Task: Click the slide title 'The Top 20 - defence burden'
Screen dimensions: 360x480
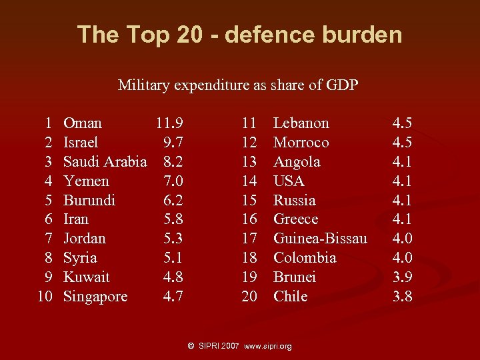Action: pyautogui.click(x=239, y=34)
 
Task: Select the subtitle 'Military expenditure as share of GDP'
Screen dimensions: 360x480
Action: pyautogui.click(x=238, y=85)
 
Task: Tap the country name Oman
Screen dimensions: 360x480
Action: pyautogui.click(x=83, y=123)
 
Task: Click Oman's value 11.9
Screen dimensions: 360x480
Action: pyautogui.click(x=170, y=123)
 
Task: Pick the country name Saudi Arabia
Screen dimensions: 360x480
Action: pyautogui.click(x=105, y=162)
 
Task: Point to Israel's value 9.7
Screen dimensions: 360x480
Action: pyautogui.click(x=173, y=143)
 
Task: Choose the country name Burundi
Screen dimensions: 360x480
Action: pyautogui.click(x=89, y=201)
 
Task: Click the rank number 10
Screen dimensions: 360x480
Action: pyautogui.click(x=45, y=297)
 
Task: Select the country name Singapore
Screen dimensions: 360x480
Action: pyautogui.click(x=95, y=297)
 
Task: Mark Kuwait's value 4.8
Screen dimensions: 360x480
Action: pyautogui.click(x=173, y=277)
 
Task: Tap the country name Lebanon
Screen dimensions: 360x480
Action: pyautogui.click(x=301, y=123)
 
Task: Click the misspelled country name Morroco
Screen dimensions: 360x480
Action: pyautogui.click(x=301, y=143)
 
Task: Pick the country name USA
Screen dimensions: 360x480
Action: pyautogui.click(x=289, y=181)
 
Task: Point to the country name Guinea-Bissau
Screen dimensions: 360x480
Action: pyautogui.click(x=320, y=239)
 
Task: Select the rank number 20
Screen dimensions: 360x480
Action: pyautogui.click(x=249, y=297)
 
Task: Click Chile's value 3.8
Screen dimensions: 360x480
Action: pyautogui.click(x=402, y=297)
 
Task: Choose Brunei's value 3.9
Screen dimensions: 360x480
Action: pyautogui.click(x=402, y=277)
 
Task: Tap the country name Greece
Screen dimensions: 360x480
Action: pyautogui.click(x=295, y=219)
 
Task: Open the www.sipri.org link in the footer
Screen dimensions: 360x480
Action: pyautogui.click(x=268, y=347)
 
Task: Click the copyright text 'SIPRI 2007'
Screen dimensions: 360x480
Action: pyautogui.click(x=219, y=347)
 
